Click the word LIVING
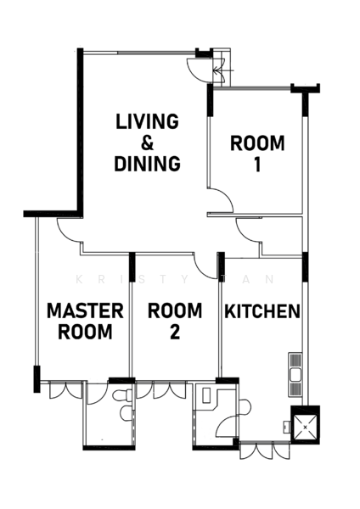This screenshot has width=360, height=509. click(147, 121)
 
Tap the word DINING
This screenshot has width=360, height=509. click(147, 164)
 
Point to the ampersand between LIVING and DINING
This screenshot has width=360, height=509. click(147, 143)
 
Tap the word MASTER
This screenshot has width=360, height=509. click(86, 310)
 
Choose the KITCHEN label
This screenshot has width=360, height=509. click(262, 311)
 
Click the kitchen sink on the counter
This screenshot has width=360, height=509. click(295, 374)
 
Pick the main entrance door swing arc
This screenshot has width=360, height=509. click(199, 69)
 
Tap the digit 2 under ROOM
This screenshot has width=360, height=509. click(175, 333)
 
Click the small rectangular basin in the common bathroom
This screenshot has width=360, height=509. click(207, 394)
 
